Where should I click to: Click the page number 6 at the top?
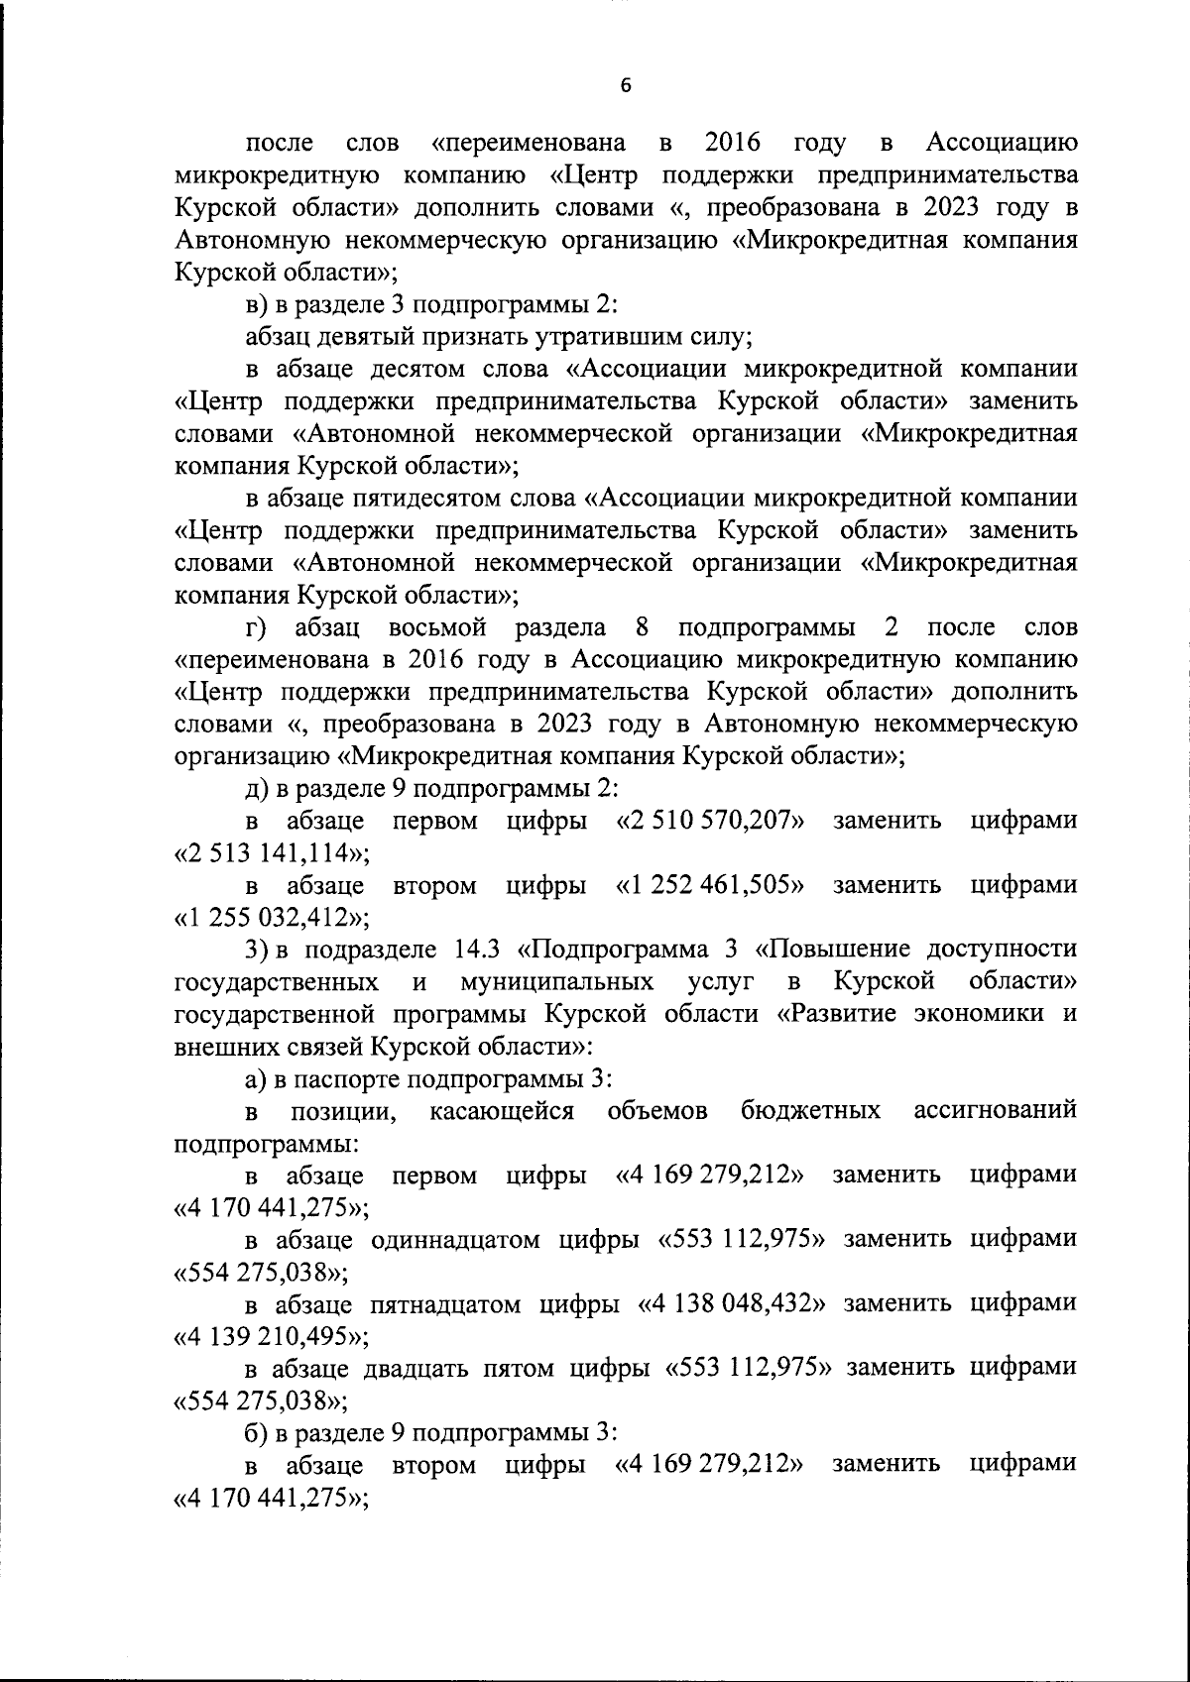click(625, 86)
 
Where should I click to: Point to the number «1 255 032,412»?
click(267, 917)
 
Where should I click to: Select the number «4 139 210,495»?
click(267, 1336)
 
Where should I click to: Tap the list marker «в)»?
click(258, 304)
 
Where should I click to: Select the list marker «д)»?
click(258, 788)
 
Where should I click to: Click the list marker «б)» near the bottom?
click(258, 1432)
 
